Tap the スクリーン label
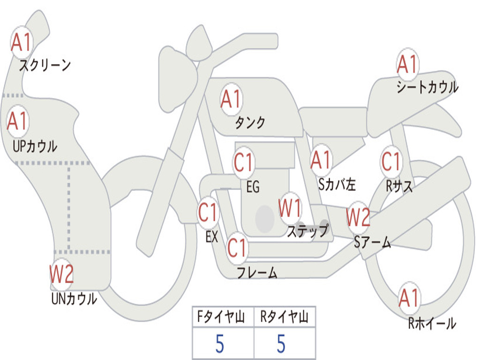(x=45, y=65)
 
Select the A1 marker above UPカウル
(x=18, y=121)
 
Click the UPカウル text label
(x=35, y=146)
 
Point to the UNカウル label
(x=74, y=299)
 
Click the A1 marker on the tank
(x=232, y=99)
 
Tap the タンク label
(x=250, y=123)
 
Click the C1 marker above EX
(x=208, y=213)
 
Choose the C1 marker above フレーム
(x=238, y=247)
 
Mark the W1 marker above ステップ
(x=290, y=208)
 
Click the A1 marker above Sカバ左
(x=321, y=160)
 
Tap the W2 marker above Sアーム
(x=358, y=217)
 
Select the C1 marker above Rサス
(x=391, y=161)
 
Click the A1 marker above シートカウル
(x=407, y=64)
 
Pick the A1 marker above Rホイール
(x=409, y=298)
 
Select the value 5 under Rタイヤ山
(x=281, y=344)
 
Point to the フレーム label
(x=257, y=272)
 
